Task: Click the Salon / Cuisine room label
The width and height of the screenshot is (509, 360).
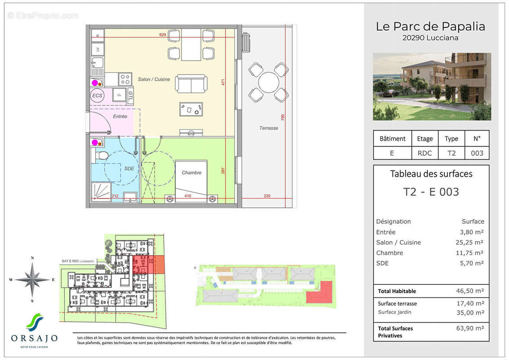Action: pyautogui.click(x=154, y=79)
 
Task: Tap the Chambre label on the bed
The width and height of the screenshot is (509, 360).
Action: pyautogui.click(x=192, y=173)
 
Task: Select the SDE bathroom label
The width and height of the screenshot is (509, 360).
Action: pyautogui.click(x=129, y=168)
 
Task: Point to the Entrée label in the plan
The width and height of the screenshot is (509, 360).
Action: pyautogui.click(x=120, y=117)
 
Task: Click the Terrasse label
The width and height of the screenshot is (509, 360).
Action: pyautogui.click(x=268, y=128)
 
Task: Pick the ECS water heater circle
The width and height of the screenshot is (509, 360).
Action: pyautogui.click(x=97, y=96)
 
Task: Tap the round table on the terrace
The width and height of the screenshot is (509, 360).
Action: pyautogui.click(x=268, y=82)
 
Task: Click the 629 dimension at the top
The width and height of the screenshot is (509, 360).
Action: pyautogui.click(x=163, y=35)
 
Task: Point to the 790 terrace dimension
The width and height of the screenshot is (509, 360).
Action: pyautogui.click(x=283, y=117)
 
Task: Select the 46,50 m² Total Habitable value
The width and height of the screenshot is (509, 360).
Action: pyautogui.click(x=470, y=291)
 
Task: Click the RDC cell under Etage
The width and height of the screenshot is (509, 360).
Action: pyautogui.click(x=424, y=153)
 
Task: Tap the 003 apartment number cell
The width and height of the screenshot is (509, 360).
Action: pyautogui.click(x=477, y=153)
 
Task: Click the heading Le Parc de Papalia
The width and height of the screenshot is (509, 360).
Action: pyautogui.click(x=430, y=27)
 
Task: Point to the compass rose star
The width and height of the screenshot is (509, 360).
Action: pyautogui.click(x=32, y=279)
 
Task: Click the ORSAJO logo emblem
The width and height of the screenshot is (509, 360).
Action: pyautogui.click(x=35, y=322)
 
